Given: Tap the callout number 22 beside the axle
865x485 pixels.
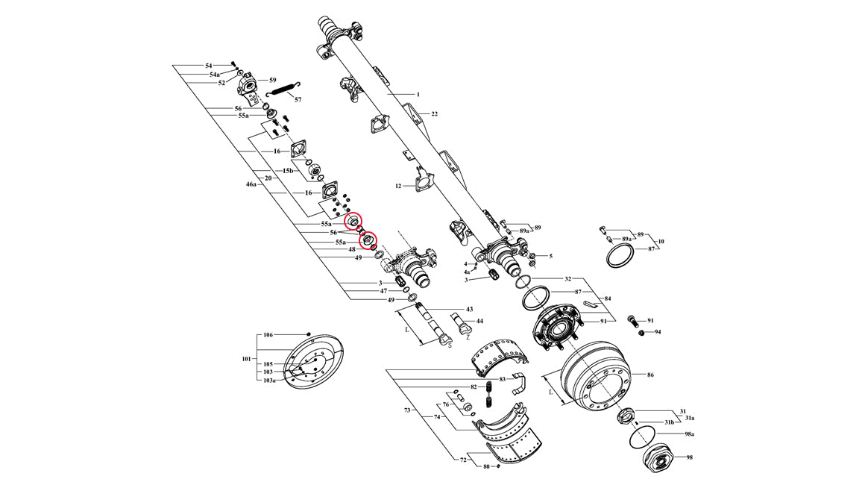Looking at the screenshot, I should point(434,114).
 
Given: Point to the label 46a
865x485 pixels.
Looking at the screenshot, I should point(251,183).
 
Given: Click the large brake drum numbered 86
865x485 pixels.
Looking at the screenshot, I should point(594,373).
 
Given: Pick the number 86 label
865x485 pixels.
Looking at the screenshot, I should point(650,375).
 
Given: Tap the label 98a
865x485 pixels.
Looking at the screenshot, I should point(689,434).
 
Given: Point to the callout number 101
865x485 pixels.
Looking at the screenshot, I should point(247,359).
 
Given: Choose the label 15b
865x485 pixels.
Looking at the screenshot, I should point(288,172).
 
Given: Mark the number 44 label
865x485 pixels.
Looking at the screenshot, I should point(479,321).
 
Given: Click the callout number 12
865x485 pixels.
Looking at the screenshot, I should point(398,186).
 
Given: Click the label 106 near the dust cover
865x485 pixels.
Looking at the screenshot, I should point(268,336).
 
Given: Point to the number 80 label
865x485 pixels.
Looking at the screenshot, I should point(486,467).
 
